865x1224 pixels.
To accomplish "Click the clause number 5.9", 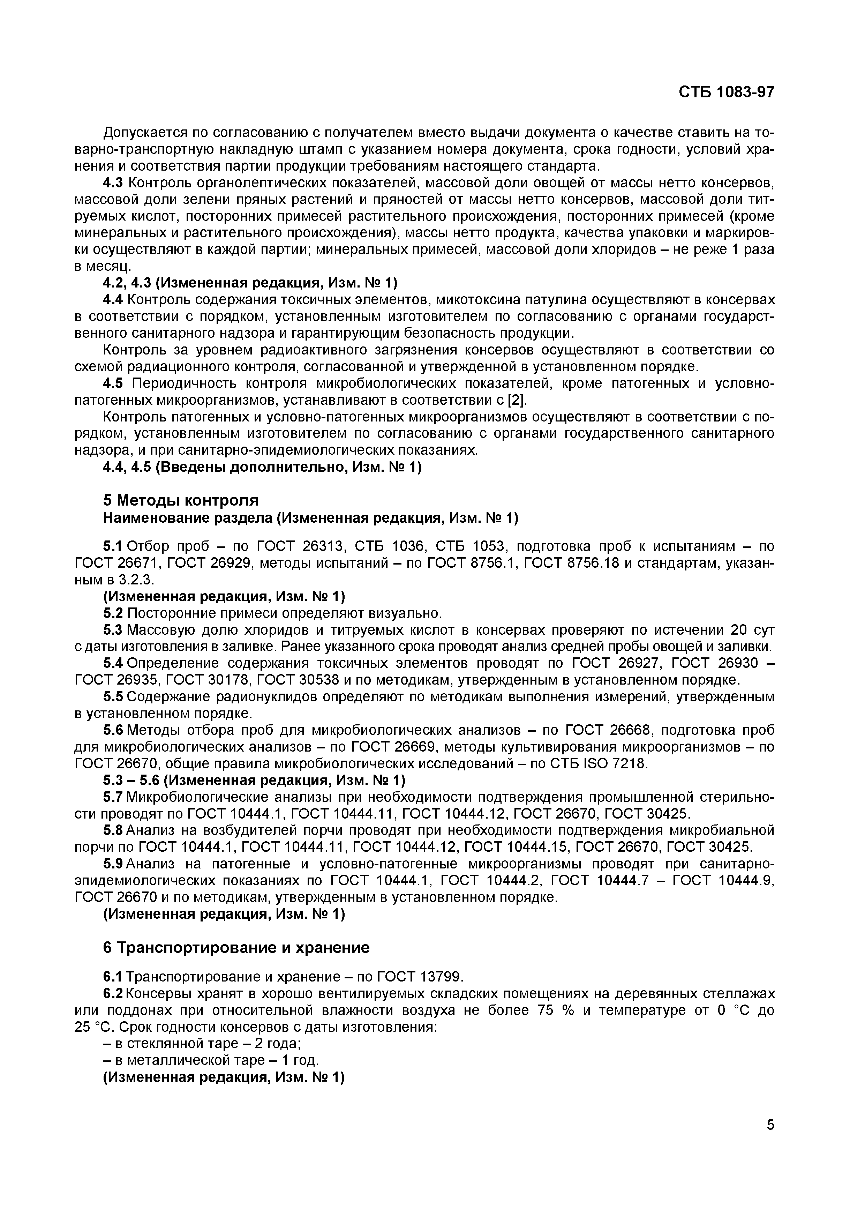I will pyautogui.click(x=112, y=864).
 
